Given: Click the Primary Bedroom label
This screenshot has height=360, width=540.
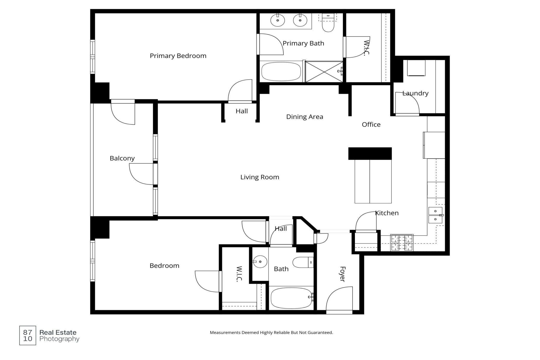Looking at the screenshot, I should [x=178, y=56].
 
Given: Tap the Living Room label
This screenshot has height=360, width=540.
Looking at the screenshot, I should [x=260, y=177].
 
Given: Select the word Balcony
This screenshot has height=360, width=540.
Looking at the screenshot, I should [x=122, y=158].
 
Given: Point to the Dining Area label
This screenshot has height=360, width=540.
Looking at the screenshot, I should [x=305, y=117].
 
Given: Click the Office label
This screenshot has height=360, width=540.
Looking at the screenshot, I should [x=371, y=125].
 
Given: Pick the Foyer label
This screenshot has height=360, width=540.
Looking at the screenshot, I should [x=342, y=274].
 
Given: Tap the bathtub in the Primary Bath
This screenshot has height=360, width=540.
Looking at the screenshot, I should [x=281, y=72].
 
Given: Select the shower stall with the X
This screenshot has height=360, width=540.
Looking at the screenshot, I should [x=324, y=72].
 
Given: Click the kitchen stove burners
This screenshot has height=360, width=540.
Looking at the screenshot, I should [x=402, y=243].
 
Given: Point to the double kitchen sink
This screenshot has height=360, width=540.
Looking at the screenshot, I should [x=435, y=215].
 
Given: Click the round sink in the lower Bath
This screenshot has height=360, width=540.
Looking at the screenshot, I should [x=260, y=262].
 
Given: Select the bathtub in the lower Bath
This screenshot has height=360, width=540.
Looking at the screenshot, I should [x=291, y=298].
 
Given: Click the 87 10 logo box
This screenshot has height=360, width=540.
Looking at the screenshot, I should [x=28, y=336].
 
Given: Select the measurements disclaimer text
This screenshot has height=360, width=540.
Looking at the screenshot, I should [x=271, y=332].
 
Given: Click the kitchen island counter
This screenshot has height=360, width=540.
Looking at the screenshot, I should [x=373, y=181].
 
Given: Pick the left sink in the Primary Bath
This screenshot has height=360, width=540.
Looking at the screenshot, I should [x=278, y=20].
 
